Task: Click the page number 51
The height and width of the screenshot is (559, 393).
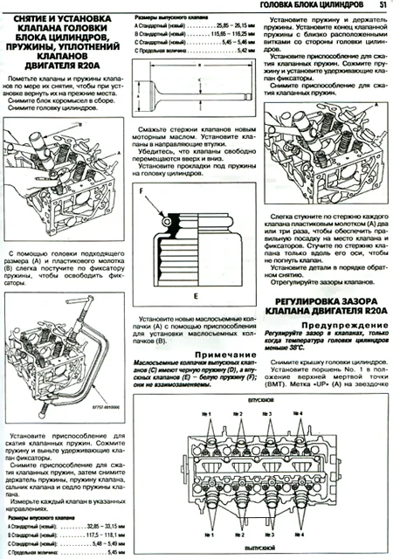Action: pyautogui.click(x=383, y=7)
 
